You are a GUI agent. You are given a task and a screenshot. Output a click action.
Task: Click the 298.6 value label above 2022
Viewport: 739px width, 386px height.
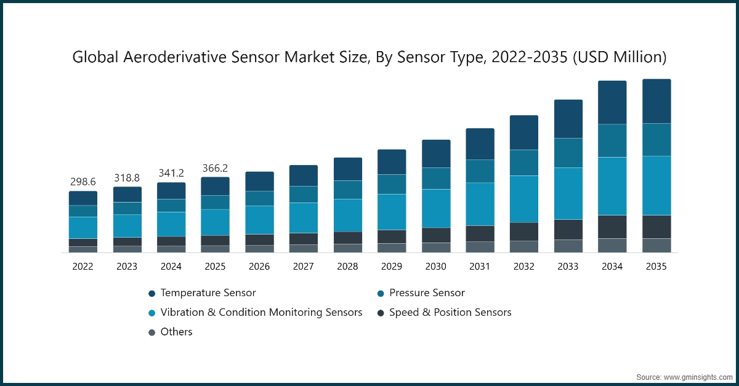click(83, 182)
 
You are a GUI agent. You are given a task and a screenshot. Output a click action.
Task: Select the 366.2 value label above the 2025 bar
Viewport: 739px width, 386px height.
click(215, 168)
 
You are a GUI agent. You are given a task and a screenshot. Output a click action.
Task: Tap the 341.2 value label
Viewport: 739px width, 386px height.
click(171, 173)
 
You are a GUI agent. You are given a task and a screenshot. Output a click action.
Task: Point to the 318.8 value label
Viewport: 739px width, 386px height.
click(127, 177)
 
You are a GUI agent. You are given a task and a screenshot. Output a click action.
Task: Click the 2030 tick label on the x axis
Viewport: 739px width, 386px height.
click(436, 267)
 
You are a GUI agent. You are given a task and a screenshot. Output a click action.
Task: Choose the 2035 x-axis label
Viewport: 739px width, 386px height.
click(656, 267)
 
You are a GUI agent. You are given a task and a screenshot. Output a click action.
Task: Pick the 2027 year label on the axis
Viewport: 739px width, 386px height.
click(304, 267)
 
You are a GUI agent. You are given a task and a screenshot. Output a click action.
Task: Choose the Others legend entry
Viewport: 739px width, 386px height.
click(176, 332)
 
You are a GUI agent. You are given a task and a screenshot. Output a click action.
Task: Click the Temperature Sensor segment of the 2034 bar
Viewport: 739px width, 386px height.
click(612, 103)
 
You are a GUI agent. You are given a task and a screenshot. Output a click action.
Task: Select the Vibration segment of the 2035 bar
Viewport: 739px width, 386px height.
click(656, 185)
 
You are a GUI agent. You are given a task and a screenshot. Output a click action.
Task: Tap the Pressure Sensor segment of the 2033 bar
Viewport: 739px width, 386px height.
click(568, 153)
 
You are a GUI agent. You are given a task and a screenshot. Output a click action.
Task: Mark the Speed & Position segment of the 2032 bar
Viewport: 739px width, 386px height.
click(524, 231)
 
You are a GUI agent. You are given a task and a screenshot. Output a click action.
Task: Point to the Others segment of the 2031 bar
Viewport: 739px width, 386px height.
click(480, 247)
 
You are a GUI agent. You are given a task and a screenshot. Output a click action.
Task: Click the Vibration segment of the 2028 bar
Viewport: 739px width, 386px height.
click(348, 215)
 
